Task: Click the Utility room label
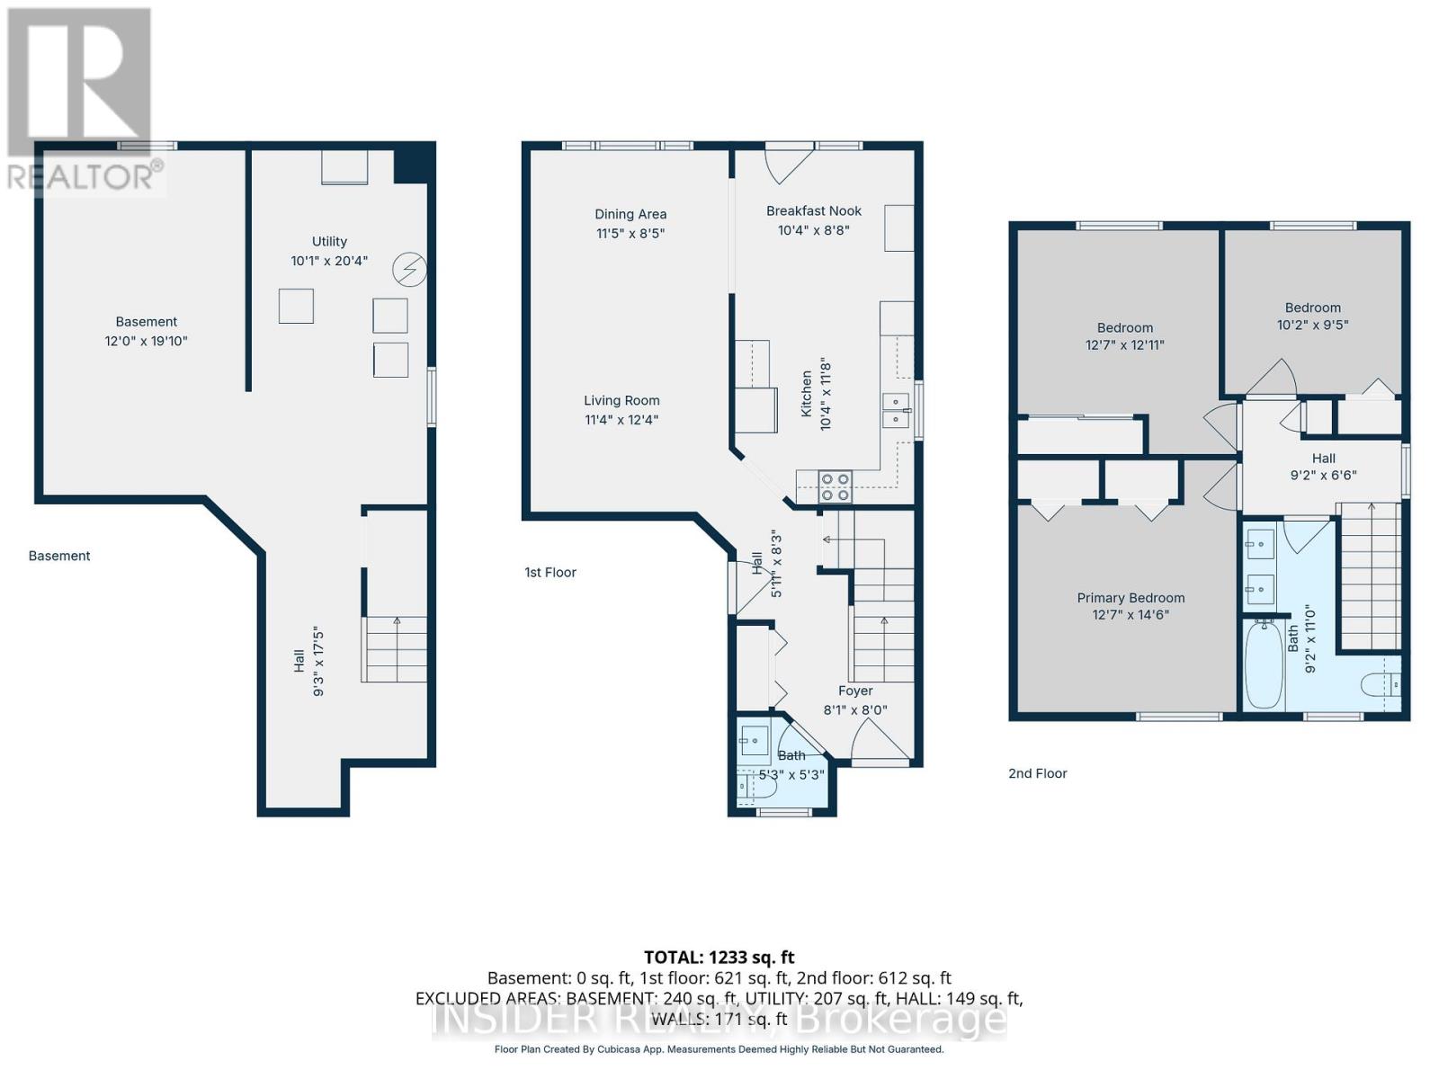329,241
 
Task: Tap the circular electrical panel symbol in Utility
410,269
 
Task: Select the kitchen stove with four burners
836,486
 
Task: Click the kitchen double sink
896,410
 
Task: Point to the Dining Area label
630,214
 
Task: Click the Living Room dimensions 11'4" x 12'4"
621,420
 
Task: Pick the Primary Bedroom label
1131,598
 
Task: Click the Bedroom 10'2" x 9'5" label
1312,317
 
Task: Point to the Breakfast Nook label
814,211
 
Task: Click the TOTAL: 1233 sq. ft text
719,958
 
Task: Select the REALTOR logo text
85,176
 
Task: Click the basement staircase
396,649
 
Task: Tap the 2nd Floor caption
1037,773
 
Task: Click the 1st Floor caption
550,572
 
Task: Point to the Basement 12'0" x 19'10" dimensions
147,341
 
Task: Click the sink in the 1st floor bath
754,742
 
